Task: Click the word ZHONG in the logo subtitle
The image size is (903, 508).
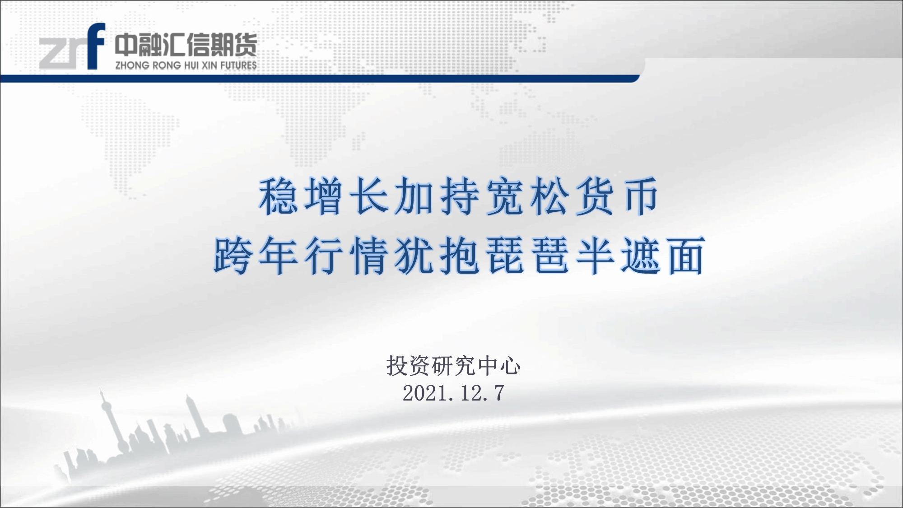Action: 132,65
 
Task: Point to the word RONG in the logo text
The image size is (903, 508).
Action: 167,65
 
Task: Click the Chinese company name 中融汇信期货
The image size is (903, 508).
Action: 186,45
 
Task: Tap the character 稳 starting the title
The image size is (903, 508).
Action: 278,196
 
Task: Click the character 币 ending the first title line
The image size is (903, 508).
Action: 639,196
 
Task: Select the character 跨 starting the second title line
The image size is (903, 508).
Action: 233,255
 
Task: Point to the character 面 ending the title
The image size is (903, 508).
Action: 685,255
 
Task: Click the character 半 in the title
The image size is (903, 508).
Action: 595,255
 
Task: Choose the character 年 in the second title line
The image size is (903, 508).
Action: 278,255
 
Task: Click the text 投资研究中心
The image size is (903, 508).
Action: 453,366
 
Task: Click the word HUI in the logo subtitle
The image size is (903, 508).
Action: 192,65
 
